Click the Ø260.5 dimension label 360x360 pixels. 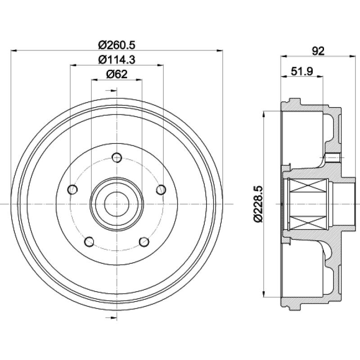tap(117, 45)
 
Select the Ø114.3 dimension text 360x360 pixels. tap(117, 60)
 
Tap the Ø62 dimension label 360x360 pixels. tap(117, 74)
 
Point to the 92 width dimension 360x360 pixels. tap(318, 51)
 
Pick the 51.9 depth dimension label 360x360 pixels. tap(302, 72)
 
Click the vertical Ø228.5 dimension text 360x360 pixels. tap(258, 204)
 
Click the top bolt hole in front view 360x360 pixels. tap(117, 157)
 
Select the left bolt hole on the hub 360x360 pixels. tap(72, 189)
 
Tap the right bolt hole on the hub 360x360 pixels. tap(161, 189)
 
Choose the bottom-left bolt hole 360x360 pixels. tap(89, 242)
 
